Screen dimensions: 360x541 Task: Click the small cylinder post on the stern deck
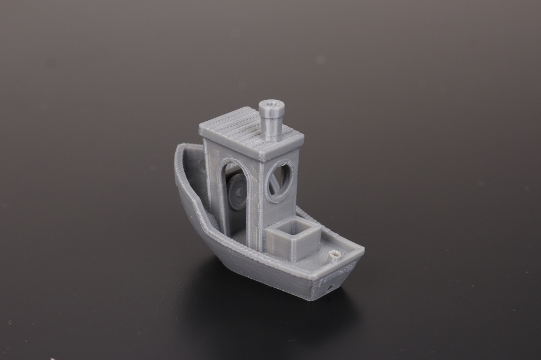pyautogui.click(x=334, y=257)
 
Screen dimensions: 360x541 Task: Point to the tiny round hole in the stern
pyautogui.click(x=332, y=288)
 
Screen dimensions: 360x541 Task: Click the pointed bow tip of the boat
pyautogui.click(x=180, y=148)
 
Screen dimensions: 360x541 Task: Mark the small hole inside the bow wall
pyautogui.click(x=203, y=165)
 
